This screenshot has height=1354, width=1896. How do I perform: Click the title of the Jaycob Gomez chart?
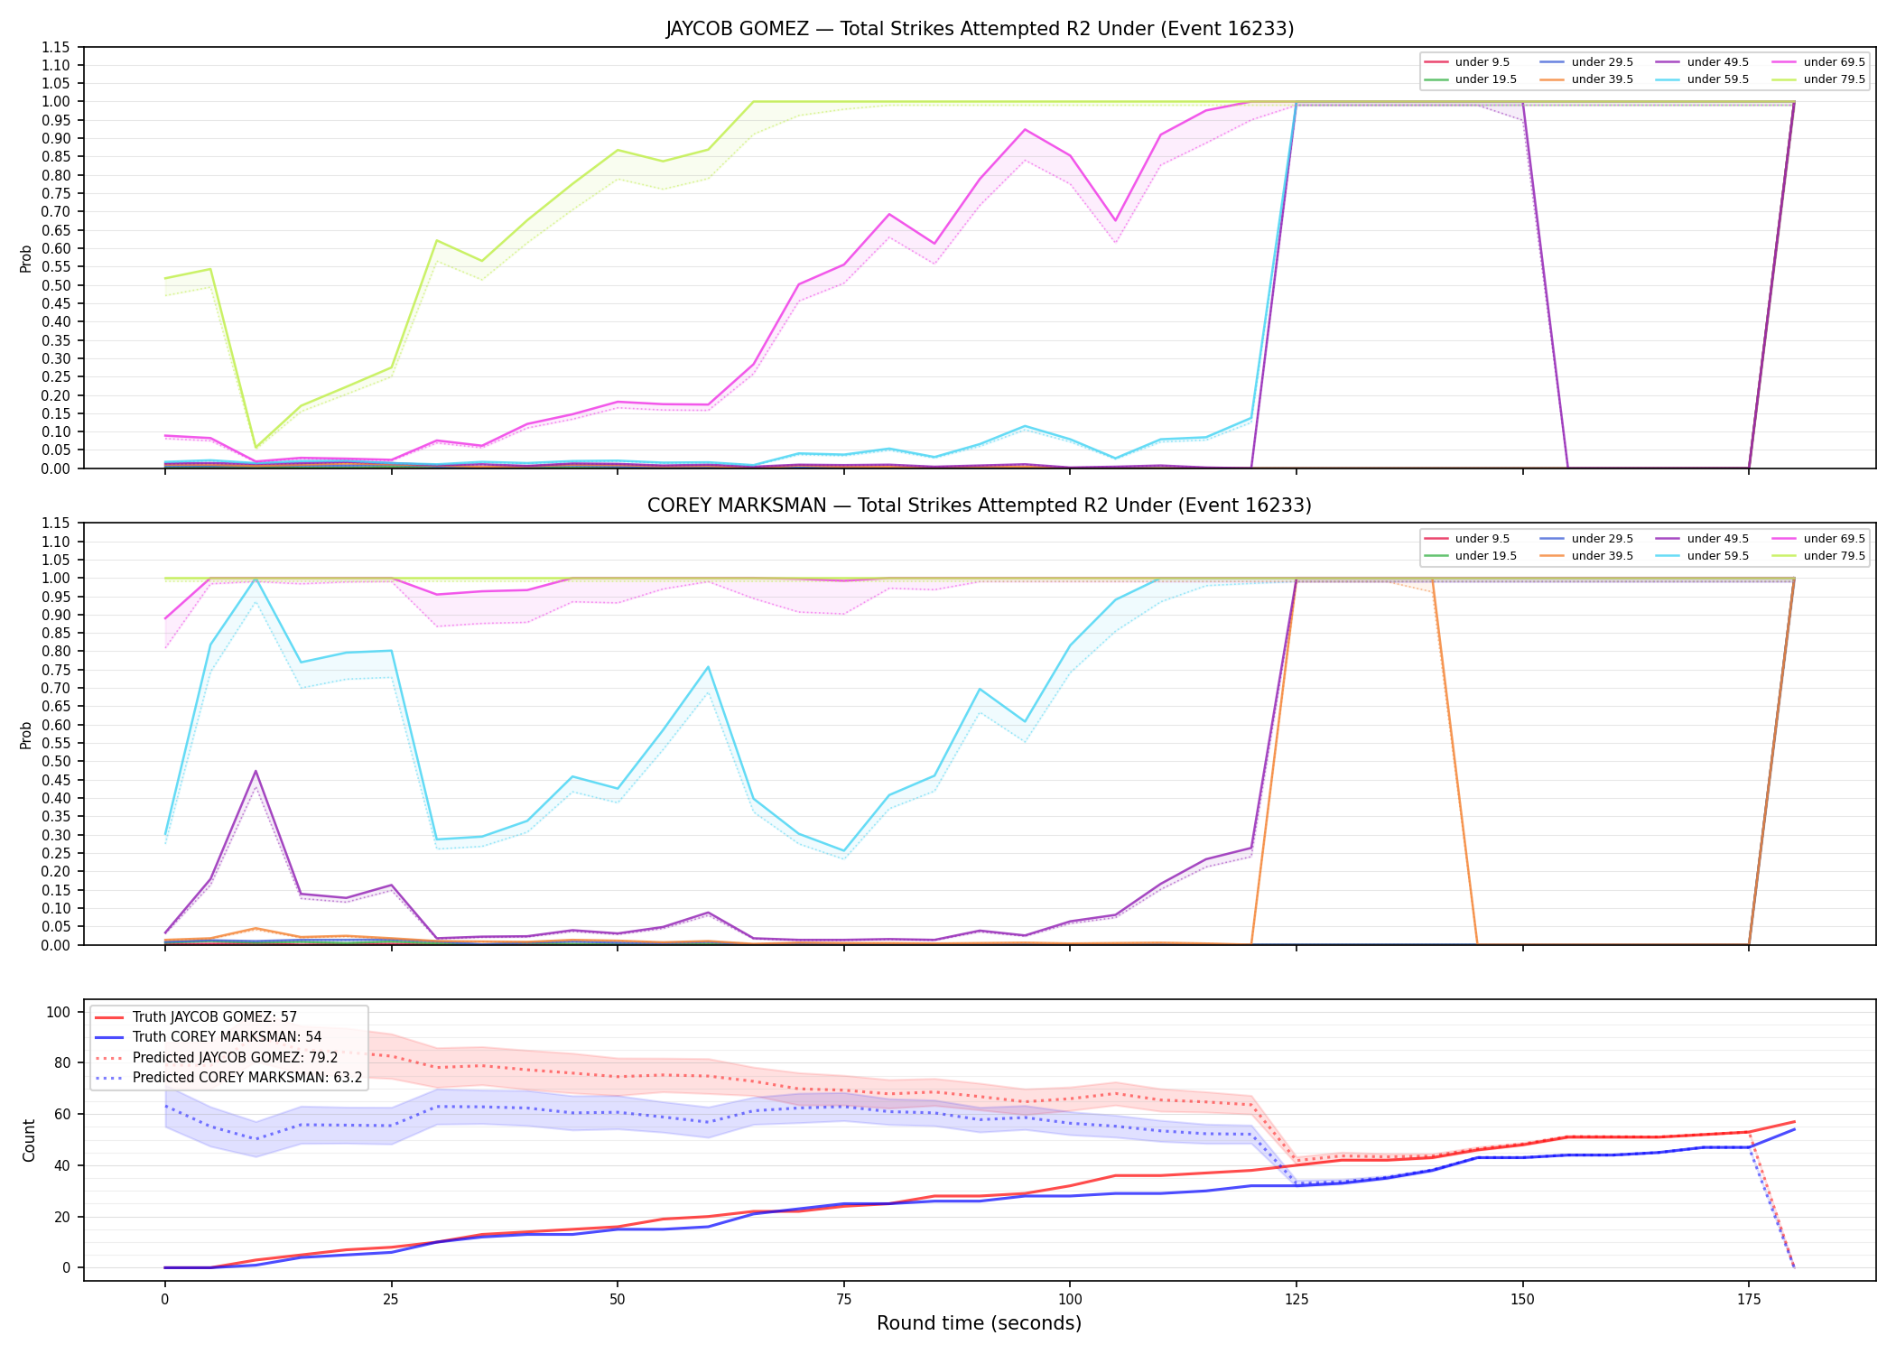click(x=980, y=29)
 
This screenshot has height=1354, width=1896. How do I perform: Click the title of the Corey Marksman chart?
click(x=980, y=505)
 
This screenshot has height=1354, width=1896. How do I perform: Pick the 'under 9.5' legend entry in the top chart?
click(x=1468, y=62)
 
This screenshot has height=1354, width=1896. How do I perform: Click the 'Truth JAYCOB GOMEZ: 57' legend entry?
click(x=196, y=1017)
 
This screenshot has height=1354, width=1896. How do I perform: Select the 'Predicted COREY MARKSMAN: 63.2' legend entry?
click(x=228, y=1078)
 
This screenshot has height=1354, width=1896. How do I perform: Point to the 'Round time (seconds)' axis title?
click(x=980, y=1323)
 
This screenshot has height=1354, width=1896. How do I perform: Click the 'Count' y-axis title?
click(x=29, y=1141)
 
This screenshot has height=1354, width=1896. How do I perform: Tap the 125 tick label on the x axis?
click(x=1297, y=1300)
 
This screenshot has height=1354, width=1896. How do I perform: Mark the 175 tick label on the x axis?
click(x=1749, y=1300)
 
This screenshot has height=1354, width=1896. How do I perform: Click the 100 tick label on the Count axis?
click(x=59, y=1012)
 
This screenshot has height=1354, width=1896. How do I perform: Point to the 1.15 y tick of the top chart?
click(x=56, y=47)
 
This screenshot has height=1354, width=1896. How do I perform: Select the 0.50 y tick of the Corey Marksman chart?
click(x=56, y=761)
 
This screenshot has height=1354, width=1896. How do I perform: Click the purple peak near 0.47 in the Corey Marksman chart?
click(x=256, y=771)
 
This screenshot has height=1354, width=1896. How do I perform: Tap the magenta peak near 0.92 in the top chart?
click(x=1025, y=129)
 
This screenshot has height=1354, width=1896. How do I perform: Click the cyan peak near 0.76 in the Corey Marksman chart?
click(x=709, y=666)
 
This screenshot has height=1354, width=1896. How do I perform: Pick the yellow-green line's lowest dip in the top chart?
click(x=256, y=448)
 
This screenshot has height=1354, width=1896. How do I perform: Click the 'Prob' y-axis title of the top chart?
click(x=26, y=259)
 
